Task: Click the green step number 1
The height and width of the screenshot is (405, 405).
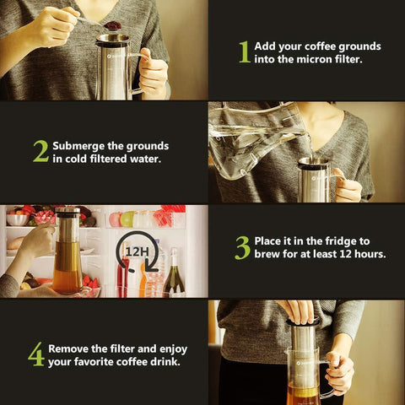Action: click(245, 52)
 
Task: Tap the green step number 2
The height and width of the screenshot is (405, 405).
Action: click(41, 151)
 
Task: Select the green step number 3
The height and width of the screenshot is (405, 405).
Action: click(242, 248)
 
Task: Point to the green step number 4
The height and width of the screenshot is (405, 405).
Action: click(36, 354)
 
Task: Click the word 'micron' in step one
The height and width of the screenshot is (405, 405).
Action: click(315, 59)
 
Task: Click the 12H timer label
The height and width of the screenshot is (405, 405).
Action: click(137, 252)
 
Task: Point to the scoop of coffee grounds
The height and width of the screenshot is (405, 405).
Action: click(112, 25)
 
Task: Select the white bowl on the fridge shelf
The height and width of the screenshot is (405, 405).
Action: click(17, 219)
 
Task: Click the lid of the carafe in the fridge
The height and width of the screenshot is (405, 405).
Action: click(67, 210)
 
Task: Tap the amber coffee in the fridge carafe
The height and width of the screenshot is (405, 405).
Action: click(67, 280)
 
